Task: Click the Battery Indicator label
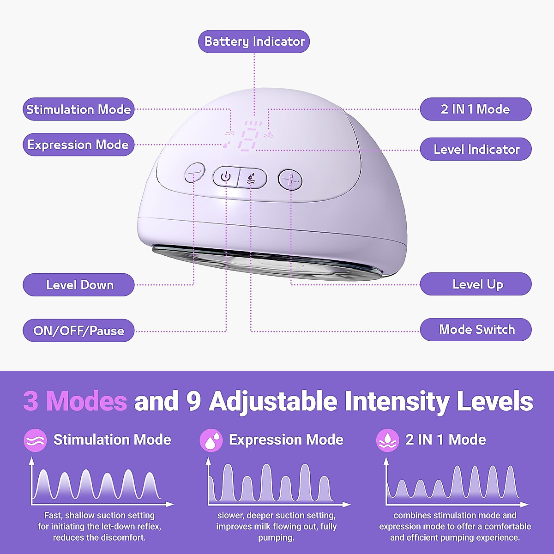pyautogui.click(x=254, y=42)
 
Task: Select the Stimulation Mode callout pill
pyautogui.click(x=78, y=109)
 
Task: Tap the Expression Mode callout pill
pyautogui.click(x=78, y=145)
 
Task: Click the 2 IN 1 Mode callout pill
pyautogui.click(x=476, y=109)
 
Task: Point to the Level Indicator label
pyautogui.click(x=476, y=149)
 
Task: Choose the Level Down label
pyautogui.click(x=79, y=284)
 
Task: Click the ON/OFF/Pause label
pyautogui.click(x=78, y=331)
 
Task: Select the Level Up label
pyautogui.click(x=476, y=284)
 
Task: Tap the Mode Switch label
pyautogui.click(x=476, y=330)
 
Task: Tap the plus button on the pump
pyautogui.click(x=290, y=180)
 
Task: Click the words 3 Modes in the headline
pyautogui.click(x=75, y=401)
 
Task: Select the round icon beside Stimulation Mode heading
pyautogui.click(x=35, y=440)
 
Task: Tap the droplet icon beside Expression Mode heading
pyautogui.click(x=211, y=440)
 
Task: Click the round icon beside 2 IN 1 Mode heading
pyautogui.click(x=387, y=440)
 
